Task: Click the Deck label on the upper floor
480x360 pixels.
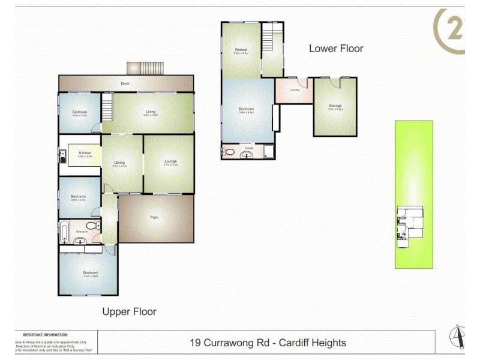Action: (x=125, y=84)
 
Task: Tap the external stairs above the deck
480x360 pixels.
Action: (x=145, y=68)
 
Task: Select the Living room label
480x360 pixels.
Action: (x=151, y=111)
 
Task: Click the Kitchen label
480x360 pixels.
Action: (x=85, y=153)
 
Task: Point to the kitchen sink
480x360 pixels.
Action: (x=62, y=157)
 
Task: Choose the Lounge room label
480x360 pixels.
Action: (x=170, y=161)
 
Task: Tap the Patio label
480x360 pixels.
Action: (x=154, y=217)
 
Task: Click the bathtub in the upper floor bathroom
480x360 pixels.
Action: (x=64, y=230)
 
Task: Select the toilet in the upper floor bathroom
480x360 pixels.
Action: (x=91, y=226)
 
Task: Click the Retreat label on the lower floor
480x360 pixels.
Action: (x=241, y=50)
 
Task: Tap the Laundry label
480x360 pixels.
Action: (x=294, y=91)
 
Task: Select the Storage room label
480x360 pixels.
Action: (x=335, y=106)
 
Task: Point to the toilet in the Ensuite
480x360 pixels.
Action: (x=227, y=151)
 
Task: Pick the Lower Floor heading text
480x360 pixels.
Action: (x=336, y=49)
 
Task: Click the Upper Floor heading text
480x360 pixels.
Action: (x=129, y=311)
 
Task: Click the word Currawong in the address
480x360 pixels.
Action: (x=228, y=343)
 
